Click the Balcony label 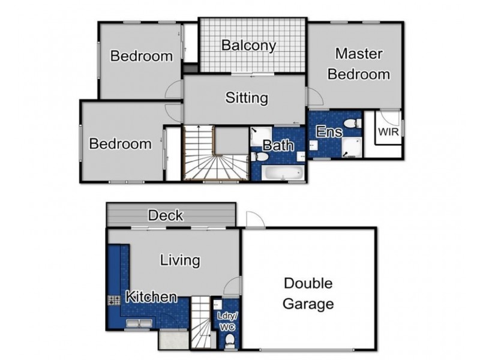[x=248, y=45]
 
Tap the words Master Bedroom [x=359, y=64]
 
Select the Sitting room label [x=246, y=98]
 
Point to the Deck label [x=166, y=215]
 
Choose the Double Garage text [x=308, y=293]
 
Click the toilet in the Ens [x=355, y=123]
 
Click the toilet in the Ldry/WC [x=229, y=340]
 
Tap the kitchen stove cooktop [x=114, y=300]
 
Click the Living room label [x=179, y=260]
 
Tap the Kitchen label [x=151, y=296]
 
